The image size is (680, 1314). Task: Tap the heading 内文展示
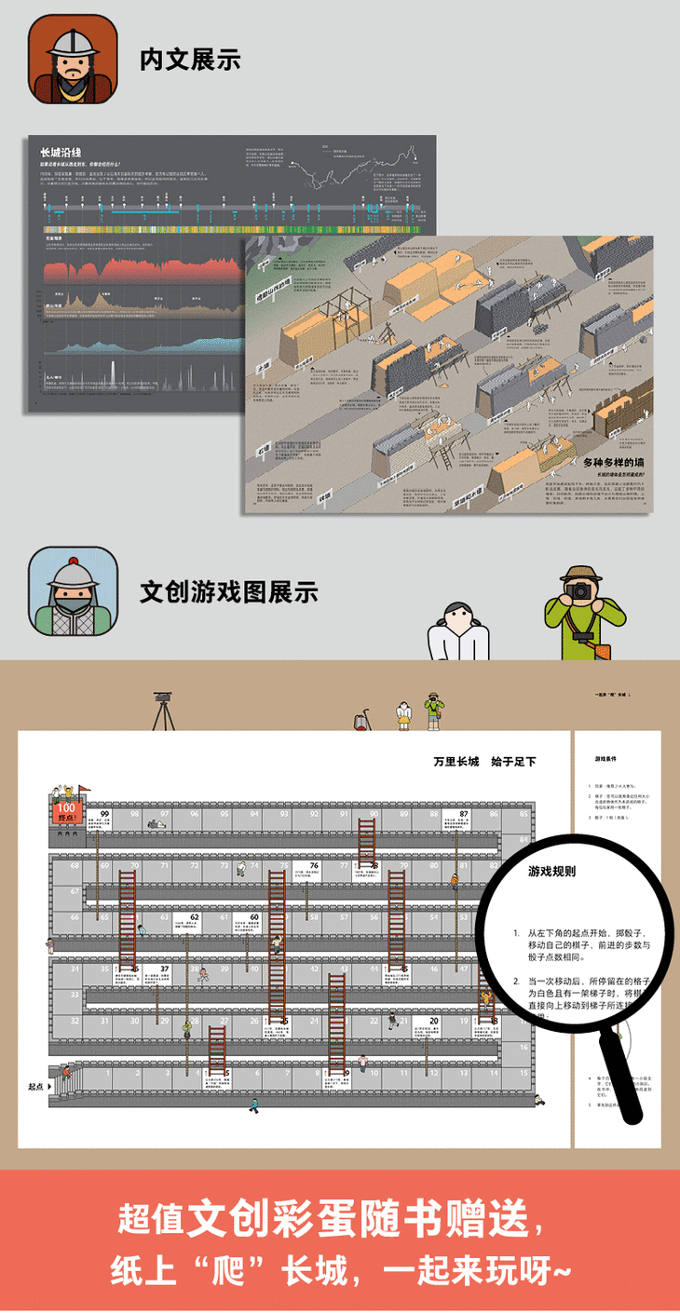190,60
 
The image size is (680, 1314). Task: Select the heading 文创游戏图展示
228,591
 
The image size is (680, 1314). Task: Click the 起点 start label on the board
37,1086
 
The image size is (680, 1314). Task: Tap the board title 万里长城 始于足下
484,762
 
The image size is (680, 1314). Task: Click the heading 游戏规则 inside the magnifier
551,872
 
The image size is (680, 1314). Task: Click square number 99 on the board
104,815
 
